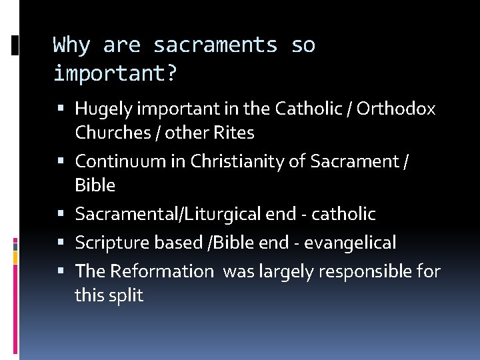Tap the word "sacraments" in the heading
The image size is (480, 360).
215,45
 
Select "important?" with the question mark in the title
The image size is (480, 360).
115,73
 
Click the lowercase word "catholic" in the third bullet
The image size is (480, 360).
343,214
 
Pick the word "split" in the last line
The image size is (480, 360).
127,295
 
